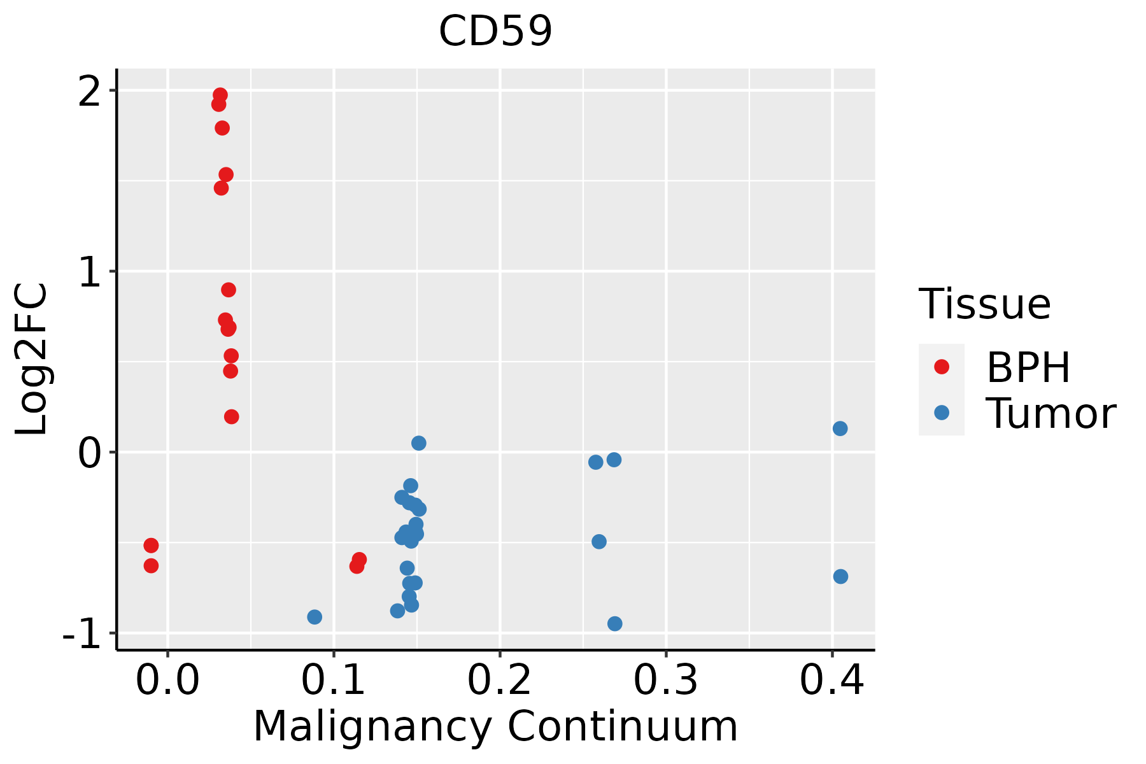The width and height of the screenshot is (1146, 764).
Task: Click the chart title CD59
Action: coord(495,31)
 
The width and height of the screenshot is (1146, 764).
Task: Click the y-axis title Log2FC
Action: coord(31,359)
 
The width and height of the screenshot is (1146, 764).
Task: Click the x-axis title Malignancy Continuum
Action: coord(495,727)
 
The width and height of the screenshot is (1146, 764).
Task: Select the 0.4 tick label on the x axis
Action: coord(831,681)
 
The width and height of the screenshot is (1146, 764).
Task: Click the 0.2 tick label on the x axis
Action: coord(500,681)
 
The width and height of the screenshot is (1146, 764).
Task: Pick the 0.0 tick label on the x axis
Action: coord(167,681)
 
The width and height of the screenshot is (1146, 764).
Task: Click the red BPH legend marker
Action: coord(941,367)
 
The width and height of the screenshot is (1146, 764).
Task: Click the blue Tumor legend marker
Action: coord(941,413)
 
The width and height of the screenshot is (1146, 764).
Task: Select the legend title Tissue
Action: coord(984,304)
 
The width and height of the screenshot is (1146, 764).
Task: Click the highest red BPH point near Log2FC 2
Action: coord(220,95)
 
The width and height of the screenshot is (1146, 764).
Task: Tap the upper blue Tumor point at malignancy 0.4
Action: coord(840,428)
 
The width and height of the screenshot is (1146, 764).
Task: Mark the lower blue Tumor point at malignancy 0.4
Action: coord(840,577)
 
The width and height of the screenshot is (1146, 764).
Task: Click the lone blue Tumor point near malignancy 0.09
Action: coord(315,617)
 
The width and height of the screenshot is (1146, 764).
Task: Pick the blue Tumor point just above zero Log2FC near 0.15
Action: coord(418,443)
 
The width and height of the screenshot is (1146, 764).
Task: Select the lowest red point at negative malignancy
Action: coord(151,566)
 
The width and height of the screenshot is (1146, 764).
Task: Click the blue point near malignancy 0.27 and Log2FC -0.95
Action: coord(614,624)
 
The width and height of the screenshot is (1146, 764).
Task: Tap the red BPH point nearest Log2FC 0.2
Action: coord(232,417)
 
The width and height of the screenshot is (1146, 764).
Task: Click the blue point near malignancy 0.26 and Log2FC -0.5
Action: coord(599,542)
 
